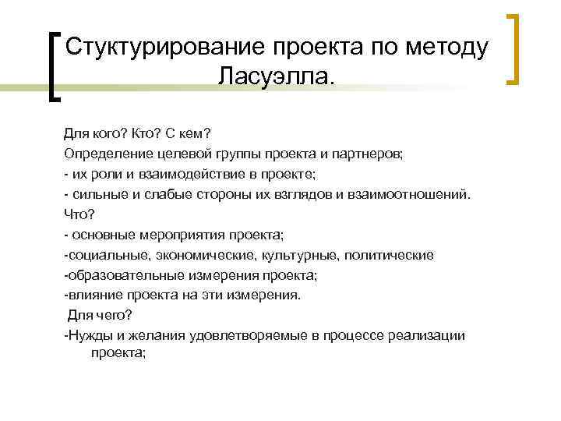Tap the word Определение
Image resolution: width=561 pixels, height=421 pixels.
coord(105,152)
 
